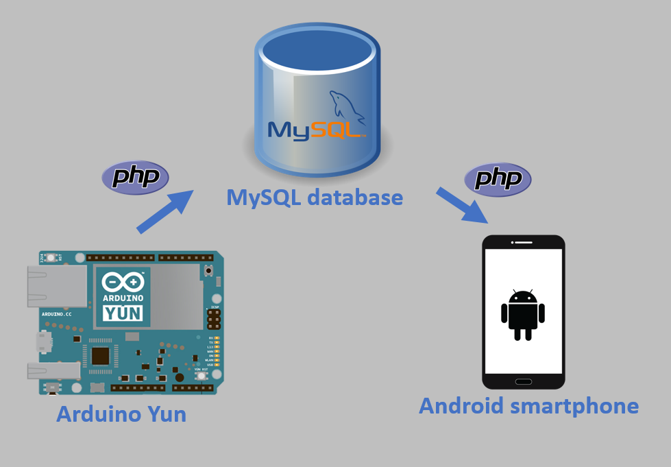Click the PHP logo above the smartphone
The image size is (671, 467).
[498, 180]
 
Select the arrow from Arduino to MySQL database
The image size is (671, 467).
[165, 213]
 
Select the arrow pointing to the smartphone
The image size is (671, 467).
[462, 205]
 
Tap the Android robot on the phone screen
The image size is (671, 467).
[522, 314]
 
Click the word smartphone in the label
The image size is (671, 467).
[575, 405]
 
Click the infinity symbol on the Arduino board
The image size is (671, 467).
[123, 282]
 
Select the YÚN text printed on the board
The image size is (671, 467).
[123, 313]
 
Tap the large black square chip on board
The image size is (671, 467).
[101, 355]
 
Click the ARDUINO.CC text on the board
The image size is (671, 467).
[56, 313]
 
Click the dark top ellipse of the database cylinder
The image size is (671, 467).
[316, 44]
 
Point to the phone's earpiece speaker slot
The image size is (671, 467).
[523, 243]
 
